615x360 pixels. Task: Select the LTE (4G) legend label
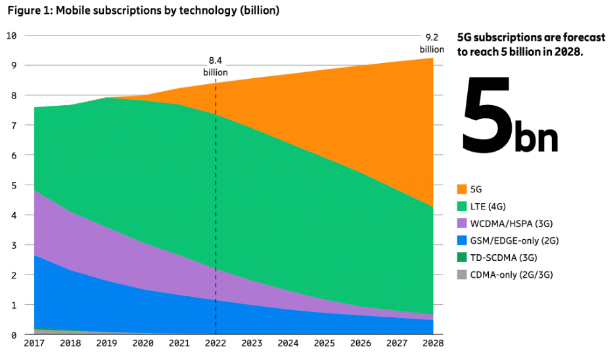[x=493, y=206]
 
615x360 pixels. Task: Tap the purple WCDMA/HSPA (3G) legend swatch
[x=462, y=223]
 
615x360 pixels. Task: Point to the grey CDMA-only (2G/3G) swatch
[x=462, y=275]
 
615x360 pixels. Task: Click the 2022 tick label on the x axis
[x=216, y=343]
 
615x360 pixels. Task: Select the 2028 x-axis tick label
[x=432, y=343]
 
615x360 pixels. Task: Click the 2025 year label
[x=324, y=343]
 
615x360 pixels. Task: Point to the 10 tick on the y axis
[x=11, y=35]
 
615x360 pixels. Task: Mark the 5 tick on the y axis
[x=13, y=185]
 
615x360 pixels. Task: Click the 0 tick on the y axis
[x=13, y=335]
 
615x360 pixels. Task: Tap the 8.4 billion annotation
[x=216, y=67]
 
